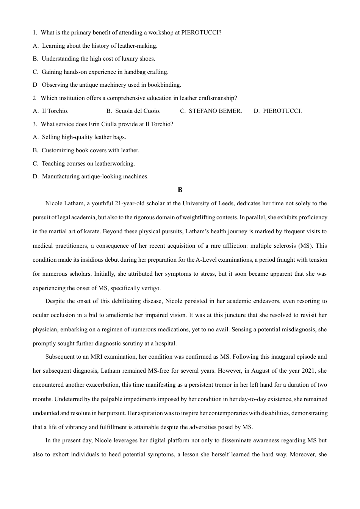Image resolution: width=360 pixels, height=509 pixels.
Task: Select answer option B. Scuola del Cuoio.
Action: coord(133,111)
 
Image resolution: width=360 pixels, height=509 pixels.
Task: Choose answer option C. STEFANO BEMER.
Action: coord(211,111)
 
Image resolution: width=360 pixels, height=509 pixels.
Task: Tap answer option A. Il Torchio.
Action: coord(51,111)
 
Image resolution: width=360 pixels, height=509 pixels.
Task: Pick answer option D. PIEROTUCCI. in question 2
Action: coord(278,111)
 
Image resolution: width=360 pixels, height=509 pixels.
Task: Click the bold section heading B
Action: coord(180,190)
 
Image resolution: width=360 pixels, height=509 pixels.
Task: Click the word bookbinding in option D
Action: coord(164,85)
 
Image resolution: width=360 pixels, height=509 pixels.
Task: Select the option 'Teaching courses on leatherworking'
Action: coord(88,164)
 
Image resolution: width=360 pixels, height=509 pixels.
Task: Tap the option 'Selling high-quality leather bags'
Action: coord(84,137)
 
